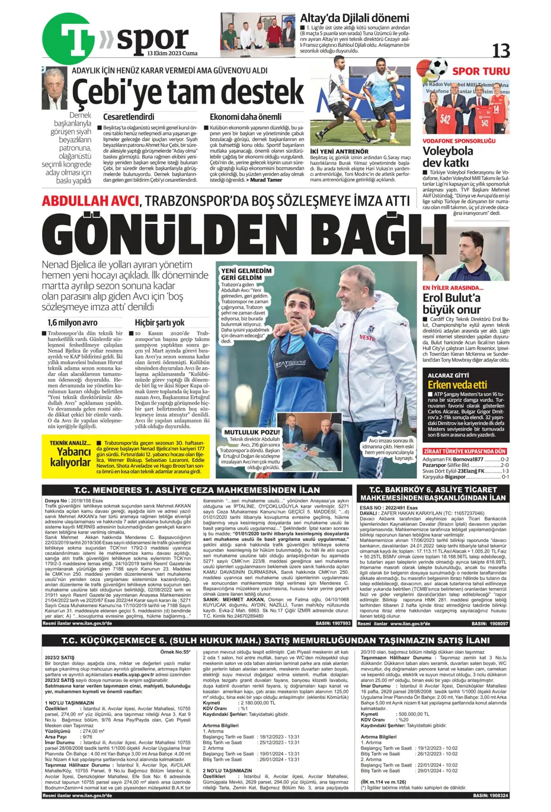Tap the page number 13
coord(501,51)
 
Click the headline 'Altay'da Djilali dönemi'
coord(354,18)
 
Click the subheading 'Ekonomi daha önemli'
coord(237,117)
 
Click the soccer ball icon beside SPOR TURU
coord(438,67)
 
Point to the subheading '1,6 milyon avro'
coord(73,323)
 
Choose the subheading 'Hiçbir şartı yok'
coord(160,323)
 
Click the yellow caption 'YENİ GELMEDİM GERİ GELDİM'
coord(246,274)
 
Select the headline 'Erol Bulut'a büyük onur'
coord(451,303)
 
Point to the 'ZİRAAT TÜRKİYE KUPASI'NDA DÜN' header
coord(465,451)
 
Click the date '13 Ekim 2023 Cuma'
coord(172,54)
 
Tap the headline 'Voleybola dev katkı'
coord(449,156)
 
